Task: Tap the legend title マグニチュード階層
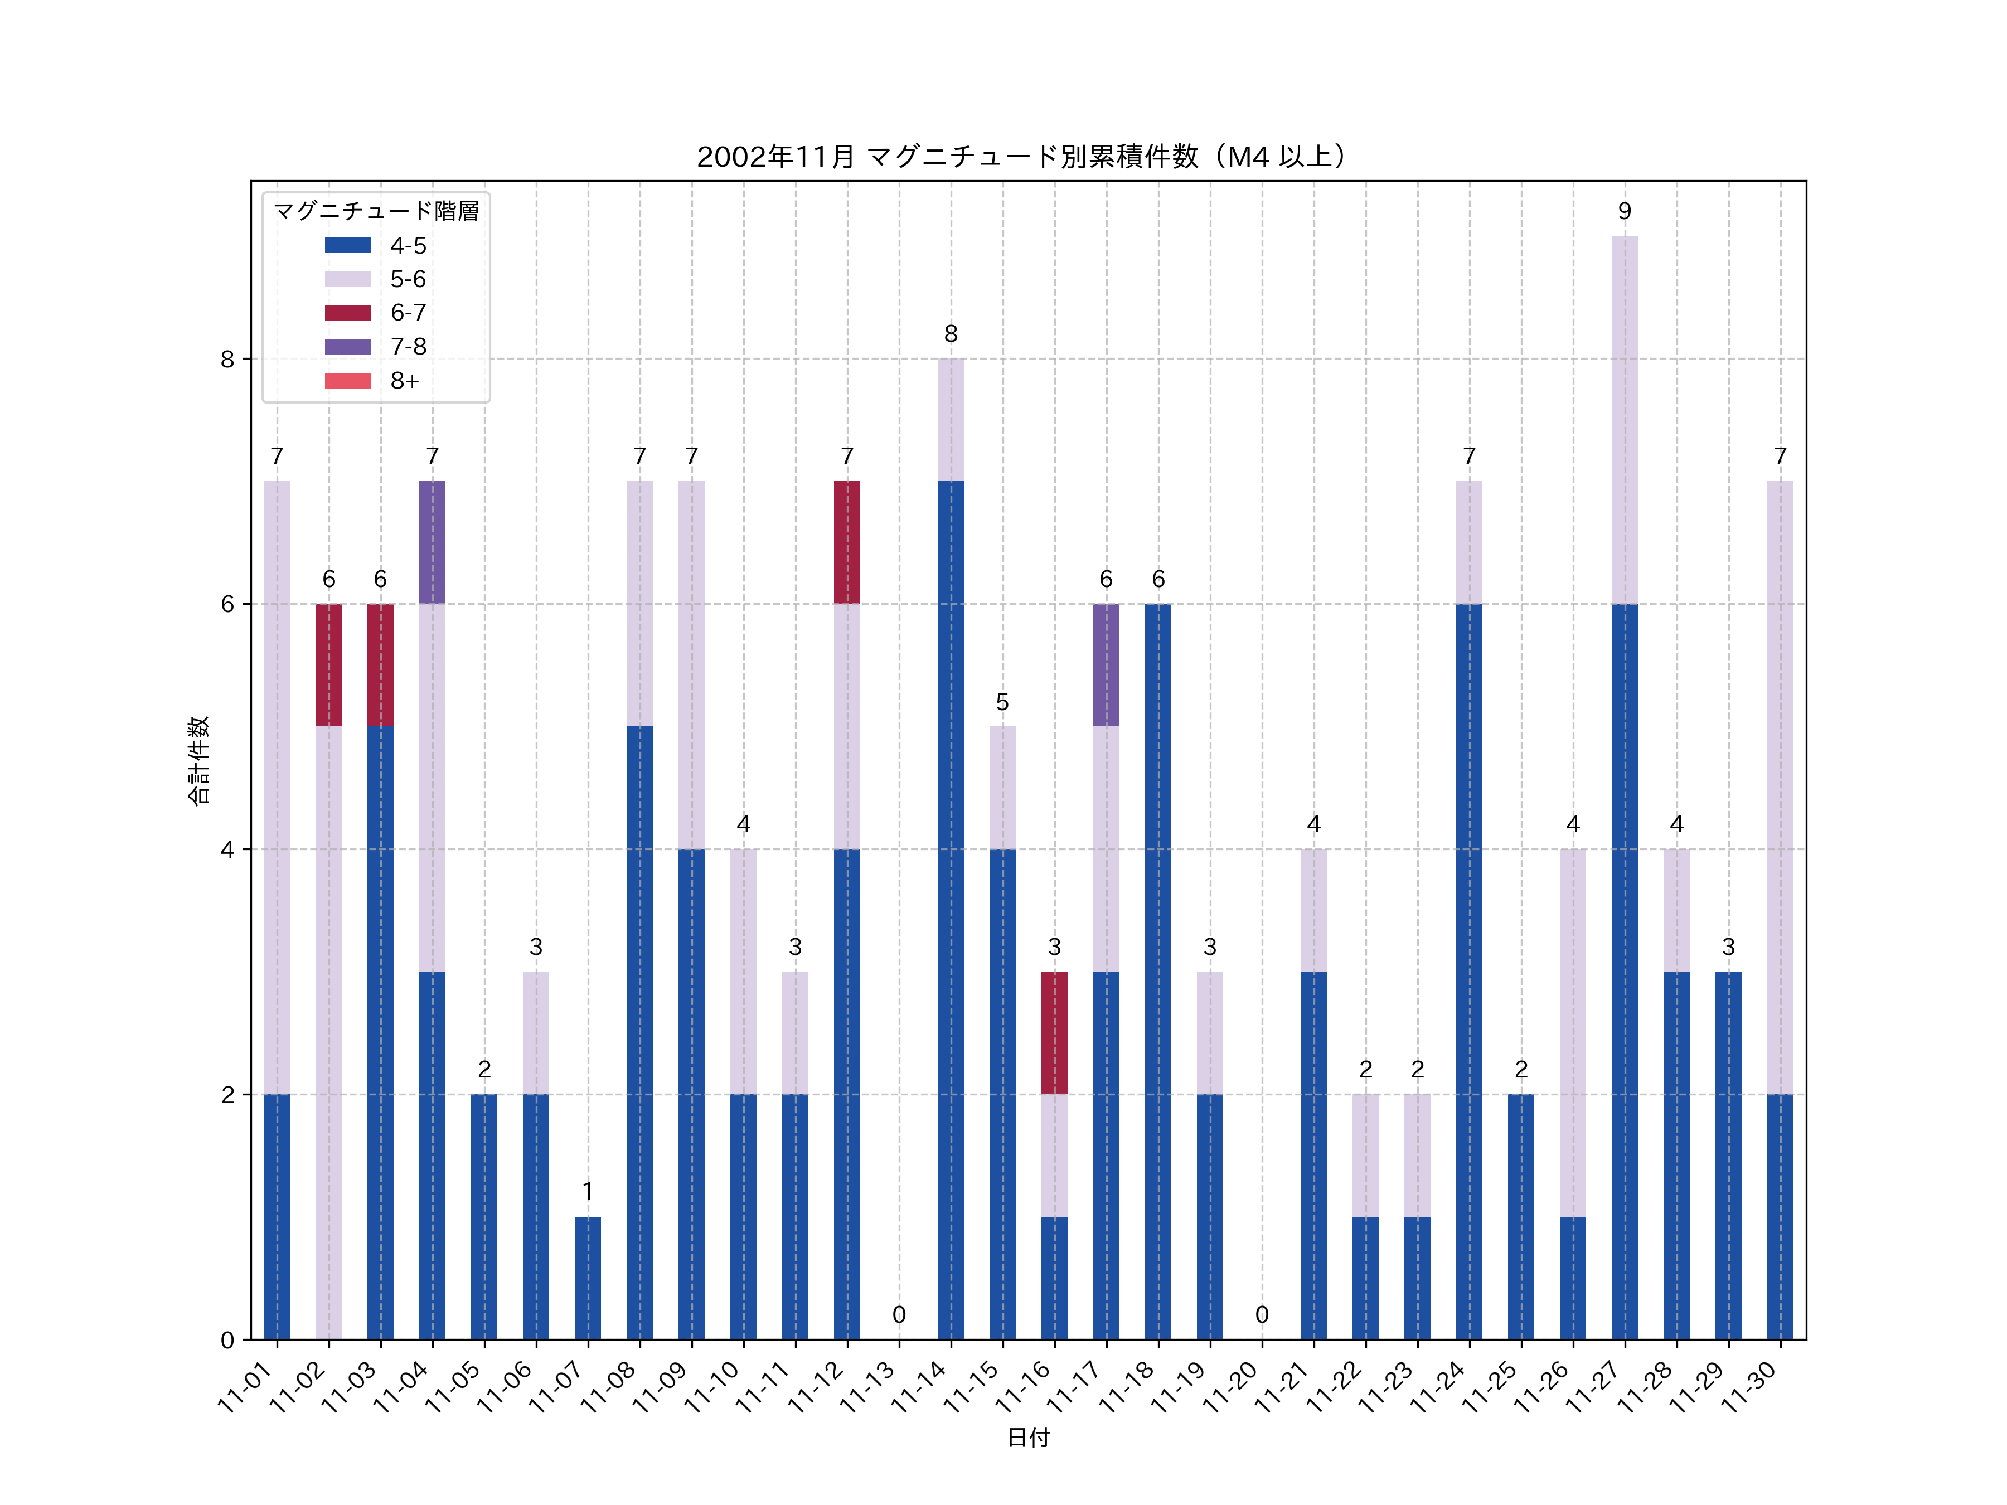pos(376,211)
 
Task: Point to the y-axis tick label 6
pos(227,604)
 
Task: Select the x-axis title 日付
pos(1028,1437)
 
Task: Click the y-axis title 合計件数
pos(198,760)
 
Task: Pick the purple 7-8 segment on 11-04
pos(432,542)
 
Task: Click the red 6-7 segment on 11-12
pos(846,542)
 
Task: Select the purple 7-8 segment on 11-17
pos(1106,665)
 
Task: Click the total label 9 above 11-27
pos(1624,211)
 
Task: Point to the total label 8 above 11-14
pos(951,334)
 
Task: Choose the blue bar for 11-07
pos(588,1278)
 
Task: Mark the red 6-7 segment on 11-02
pos(328,665)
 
